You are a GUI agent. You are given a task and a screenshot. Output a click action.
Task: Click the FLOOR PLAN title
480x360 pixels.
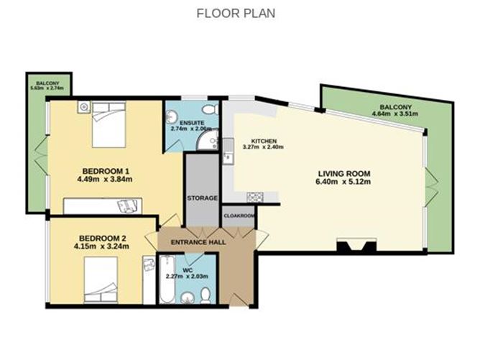click(236, 13)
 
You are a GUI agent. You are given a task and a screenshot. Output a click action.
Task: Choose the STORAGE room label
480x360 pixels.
click(202, 198)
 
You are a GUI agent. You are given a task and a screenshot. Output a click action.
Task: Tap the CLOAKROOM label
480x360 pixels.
click(237, 214)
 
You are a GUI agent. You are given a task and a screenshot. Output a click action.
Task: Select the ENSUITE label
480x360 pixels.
click(182, 123)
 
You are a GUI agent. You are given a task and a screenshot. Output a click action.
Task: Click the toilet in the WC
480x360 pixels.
click(206, 295)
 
